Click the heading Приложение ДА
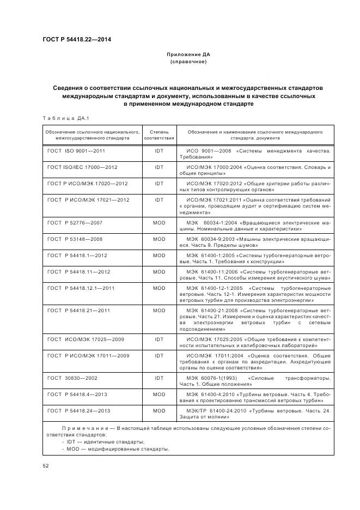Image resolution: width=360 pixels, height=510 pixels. coord(188,54)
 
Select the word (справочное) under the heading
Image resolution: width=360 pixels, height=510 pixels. coord(188,62)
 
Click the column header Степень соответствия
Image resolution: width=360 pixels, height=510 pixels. coord(158,135)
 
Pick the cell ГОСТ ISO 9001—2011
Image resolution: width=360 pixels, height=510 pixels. coord(76,149)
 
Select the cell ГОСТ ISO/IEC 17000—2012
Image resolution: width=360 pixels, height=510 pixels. coord(82,166)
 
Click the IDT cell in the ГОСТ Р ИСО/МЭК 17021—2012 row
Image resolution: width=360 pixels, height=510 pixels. coord(158,200)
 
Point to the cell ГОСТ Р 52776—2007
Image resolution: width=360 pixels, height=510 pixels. coord(75,223)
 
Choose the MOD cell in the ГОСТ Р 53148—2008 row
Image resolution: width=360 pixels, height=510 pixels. coord(158,239)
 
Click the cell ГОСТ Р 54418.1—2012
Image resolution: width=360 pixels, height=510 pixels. coord(77,256)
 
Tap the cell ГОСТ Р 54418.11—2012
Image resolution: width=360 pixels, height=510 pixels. coord(78,272)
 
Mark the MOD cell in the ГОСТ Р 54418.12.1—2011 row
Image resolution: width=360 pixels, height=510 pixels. coord(158,288)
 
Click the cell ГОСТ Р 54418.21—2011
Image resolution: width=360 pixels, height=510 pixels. coord(78,310)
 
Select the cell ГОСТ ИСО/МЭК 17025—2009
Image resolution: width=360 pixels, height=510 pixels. coord(86,339)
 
